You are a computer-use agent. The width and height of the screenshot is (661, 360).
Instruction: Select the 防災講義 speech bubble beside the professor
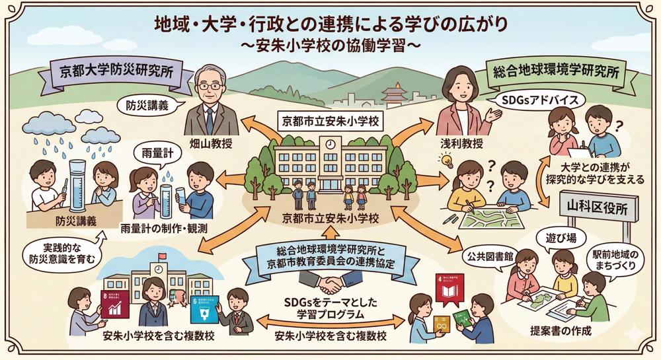click(147, 105)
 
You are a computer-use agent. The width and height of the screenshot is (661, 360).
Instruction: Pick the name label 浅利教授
click(459, 142)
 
